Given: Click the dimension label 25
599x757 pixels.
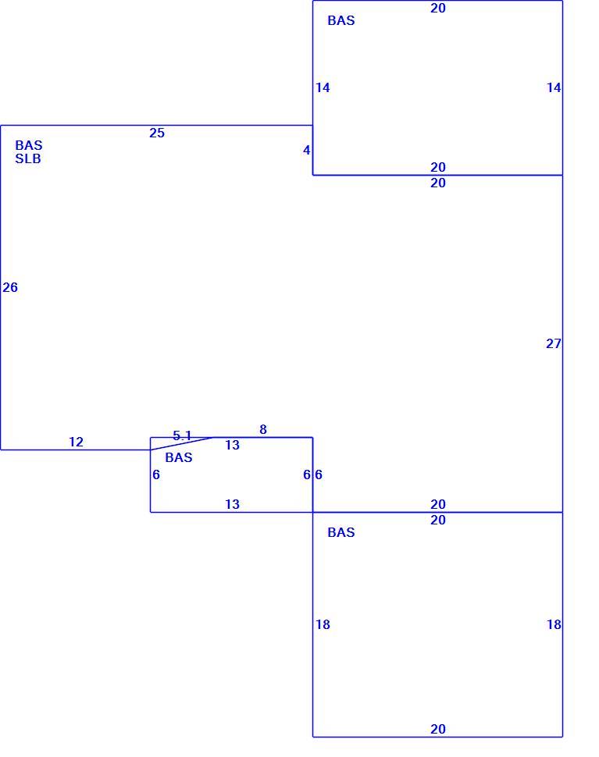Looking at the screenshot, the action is point(157,133).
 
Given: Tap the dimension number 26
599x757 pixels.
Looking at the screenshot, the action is point(10,287).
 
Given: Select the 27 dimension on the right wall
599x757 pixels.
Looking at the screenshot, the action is point(554,343).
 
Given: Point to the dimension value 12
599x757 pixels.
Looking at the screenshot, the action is point(76,442).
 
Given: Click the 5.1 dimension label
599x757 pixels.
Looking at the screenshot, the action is point(182,435).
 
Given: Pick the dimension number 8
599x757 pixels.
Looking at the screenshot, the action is point(262,429).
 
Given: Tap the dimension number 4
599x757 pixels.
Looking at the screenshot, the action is point(306,150).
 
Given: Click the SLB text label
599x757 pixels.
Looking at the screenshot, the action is point(28,159).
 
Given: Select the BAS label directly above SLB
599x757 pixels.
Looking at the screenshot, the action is point(28,145).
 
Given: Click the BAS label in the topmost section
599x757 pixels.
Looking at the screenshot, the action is point(341,20).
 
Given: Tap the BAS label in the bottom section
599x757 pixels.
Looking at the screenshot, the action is point(341,532).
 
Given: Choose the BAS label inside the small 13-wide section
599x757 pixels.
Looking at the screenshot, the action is point(179,457).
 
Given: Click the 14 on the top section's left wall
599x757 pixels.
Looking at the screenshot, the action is point(323,87).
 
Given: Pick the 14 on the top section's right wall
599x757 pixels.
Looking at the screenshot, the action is point(554,87).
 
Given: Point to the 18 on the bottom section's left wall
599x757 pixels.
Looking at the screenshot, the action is point(323,624).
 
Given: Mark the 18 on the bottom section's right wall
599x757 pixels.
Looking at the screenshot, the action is point(554,624).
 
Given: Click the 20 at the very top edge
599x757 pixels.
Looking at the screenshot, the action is point(438,9).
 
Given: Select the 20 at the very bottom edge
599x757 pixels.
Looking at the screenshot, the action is point(438,729).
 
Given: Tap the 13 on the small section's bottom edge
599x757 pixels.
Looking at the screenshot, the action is point(233,504).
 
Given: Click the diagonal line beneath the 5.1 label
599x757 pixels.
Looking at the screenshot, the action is point(182,444).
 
